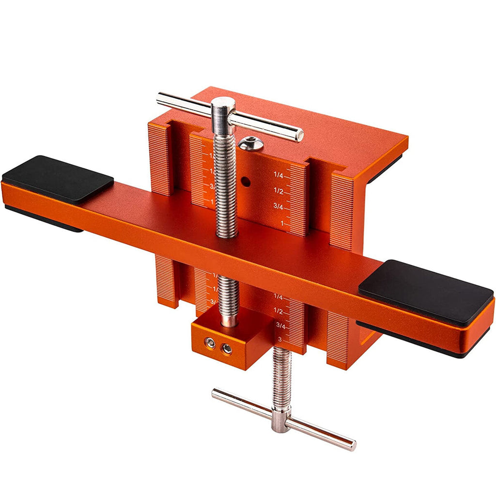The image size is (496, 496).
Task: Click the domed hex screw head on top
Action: pos(250,143)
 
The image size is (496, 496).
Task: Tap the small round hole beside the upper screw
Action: pos(246,183)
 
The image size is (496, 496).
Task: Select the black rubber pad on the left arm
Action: pos(58,178)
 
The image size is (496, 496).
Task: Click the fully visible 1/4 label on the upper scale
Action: pos(279,175)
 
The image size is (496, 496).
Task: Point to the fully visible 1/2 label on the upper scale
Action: pos(279,191)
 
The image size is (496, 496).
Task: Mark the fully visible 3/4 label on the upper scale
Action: pos(279,207)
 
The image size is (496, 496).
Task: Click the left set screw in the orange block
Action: pos(210,343)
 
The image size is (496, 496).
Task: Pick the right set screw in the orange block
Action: pos(226,348)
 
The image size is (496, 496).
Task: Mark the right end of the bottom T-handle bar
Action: pos(353,445)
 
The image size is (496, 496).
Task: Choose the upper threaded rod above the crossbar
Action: pos(225,184)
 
